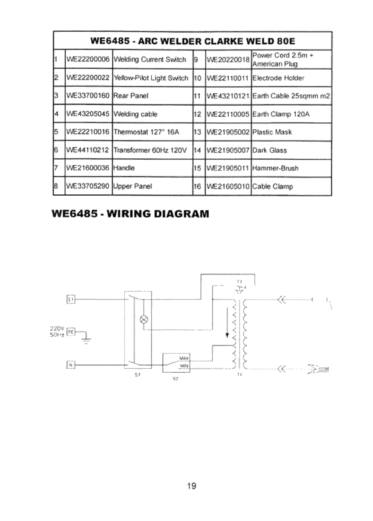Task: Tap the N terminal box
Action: tap(70, 364)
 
